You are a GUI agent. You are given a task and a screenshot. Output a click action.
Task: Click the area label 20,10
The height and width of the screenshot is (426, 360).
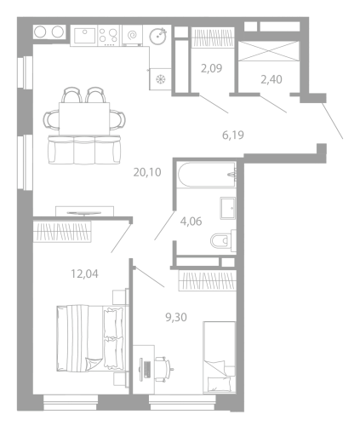tap(147, 172)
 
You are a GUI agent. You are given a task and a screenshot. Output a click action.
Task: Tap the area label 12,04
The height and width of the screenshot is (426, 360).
tap(84, 274)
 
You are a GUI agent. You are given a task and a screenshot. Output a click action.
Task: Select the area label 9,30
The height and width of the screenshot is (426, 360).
tap(176, 317)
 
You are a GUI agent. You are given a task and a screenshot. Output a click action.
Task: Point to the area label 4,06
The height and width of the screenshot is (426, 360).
tap(191, 222)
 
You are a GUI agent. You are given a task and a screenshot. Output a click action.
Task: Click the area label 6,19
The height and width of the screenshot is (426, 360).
tap(233, 135)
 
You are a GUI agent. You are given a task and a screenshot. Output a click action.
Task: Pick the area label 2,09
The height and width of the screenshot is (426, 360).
tap(211, 68)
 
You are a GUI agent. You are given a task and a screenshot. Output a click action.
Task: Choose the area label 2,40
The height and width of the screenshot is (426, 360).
tap(271, 79)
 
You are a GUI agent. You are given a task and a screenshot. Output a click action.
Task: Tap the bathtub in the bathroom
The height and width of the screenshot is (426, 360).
tap(208, 175)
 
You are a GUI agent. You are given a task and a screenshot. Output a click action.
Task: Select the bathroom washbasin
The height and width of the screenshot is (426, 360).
tap(228, 208)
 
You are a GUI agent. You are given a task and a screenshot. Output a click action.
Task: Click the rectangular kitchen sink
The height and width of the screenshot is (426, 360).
tap(84, 35)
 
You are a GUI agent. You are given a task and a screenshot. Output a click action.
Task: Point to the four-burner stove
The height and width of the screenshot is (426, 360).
tap(109, 35)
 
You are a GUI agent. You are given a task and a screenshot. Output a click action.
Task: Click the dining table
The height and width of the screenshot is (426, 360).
tap(84, 118)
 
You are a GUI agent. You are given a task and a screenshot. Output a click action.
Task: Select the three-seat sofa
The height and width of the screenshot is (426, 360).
tap(85, 150)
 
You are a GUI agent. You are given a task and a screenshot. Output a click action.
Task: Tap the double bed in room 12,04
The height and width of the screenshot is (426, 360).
tap(91, 338)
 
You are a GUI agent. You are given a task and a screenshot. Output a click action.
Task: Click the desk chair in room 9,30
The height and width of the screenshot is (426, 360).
tap(163, 368)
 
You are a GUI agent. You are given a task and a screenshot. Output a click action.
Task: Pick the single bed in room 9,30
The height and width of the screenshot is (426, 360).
tap(220, 358)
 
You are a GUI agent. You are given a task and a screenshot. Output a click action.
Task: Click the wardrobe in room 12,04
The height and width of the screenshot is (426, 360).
tap(62, 232)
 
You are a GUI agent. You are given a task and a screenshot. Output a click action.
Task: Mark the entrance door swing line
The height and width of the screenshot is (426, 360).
tap(333, 121)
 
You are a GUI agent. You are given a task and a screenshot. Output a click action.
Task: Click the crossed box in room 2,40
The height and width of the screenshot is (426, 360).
tap(269, 51)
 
